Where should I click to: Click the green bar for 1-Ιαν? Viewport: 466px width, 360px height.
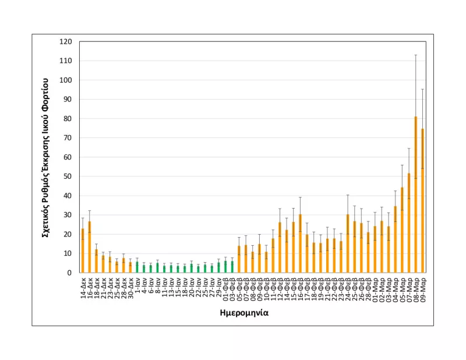tap(137, 267)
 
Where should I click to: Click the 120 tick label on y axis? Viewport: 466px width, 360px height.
tap(66, 42)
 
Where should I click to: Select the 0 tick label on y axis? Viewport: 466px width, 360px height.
tap(69, 273)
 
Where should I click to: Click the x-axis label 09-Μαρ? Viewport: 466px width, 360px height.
tap(423, 287)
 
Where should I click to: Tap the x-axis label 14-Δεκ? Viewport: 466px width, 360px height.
tap(83, 287)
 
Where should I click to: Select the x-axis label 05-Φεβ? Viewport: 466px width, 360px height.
tap(239, 287)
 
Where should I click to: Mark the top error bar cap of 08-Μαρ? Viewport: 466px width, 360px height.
tap(415, 55)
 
